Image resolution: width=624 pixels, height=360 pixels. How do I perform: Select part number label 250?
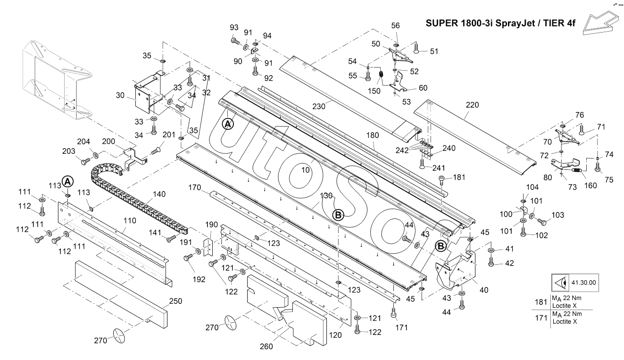click(175, 301)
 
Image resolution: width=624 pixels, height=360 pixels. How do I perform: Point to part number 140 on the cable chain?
click(159, 194)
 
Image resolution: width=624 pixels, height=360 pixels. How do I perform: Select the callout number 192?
click(199, 279)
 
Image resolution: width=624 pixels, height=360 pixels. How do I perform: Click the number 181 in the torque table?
click(541, 302)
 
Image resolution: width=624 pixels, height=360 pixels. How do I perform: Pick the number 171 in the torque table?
click(541, 318)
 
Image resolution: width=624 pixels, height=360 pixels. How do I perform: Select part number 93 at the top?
click(234, 27)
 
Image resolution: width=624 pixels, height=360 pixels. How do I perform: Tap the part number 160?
click(590, 185)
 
